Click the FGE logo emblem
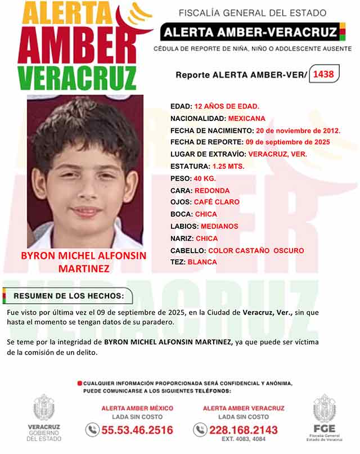tap(324, 409)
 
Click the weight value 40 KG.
tap(205, 178)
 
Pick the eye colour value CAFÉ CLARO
tap(217, 202)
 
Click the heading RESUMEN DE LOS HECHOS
tap(70, 296)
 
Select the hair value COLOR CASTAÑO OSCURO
tap(256, 250)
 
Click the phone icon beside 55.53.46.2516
tap(92, 430)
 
